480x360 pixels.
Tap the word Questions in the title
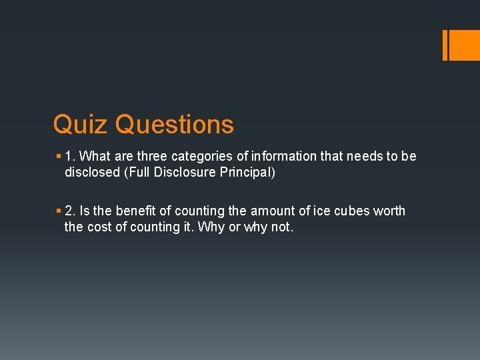175,125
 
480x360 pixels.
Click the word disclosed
91,173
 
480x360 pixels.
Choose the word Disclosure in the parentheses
187,173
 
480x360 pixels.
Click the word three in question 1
153,156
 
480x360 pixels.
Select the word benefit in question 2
136,211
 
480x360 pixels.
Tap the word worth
390,211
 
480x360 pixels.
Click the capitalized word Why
200,227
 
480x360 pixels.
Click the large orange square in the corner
464,45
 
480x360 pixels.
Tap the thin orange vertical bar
445,45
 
